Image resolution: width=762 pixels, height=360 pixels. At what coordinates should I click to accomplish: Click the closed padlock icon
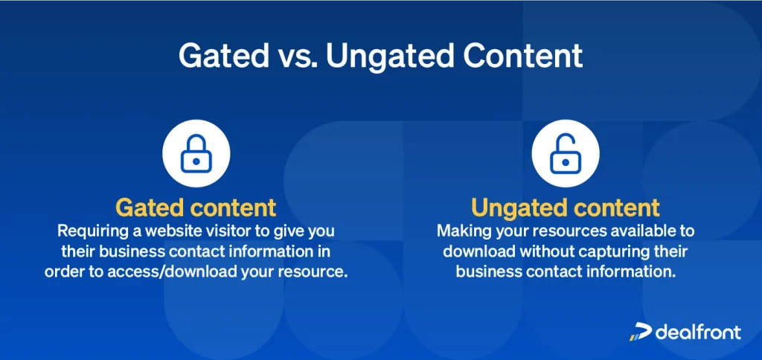click(x=196, y=153)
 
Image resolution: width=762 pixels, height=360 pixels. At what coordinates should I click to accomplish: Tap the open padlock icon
click(x=566, y=153)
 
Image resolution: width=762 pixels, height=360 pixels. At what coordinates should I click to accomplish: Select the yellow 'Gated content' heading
click(x=196, y=206)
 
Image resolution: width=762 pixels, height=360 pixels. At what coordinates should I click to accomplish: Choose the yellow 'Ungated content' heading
click(x=566, y=206)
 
